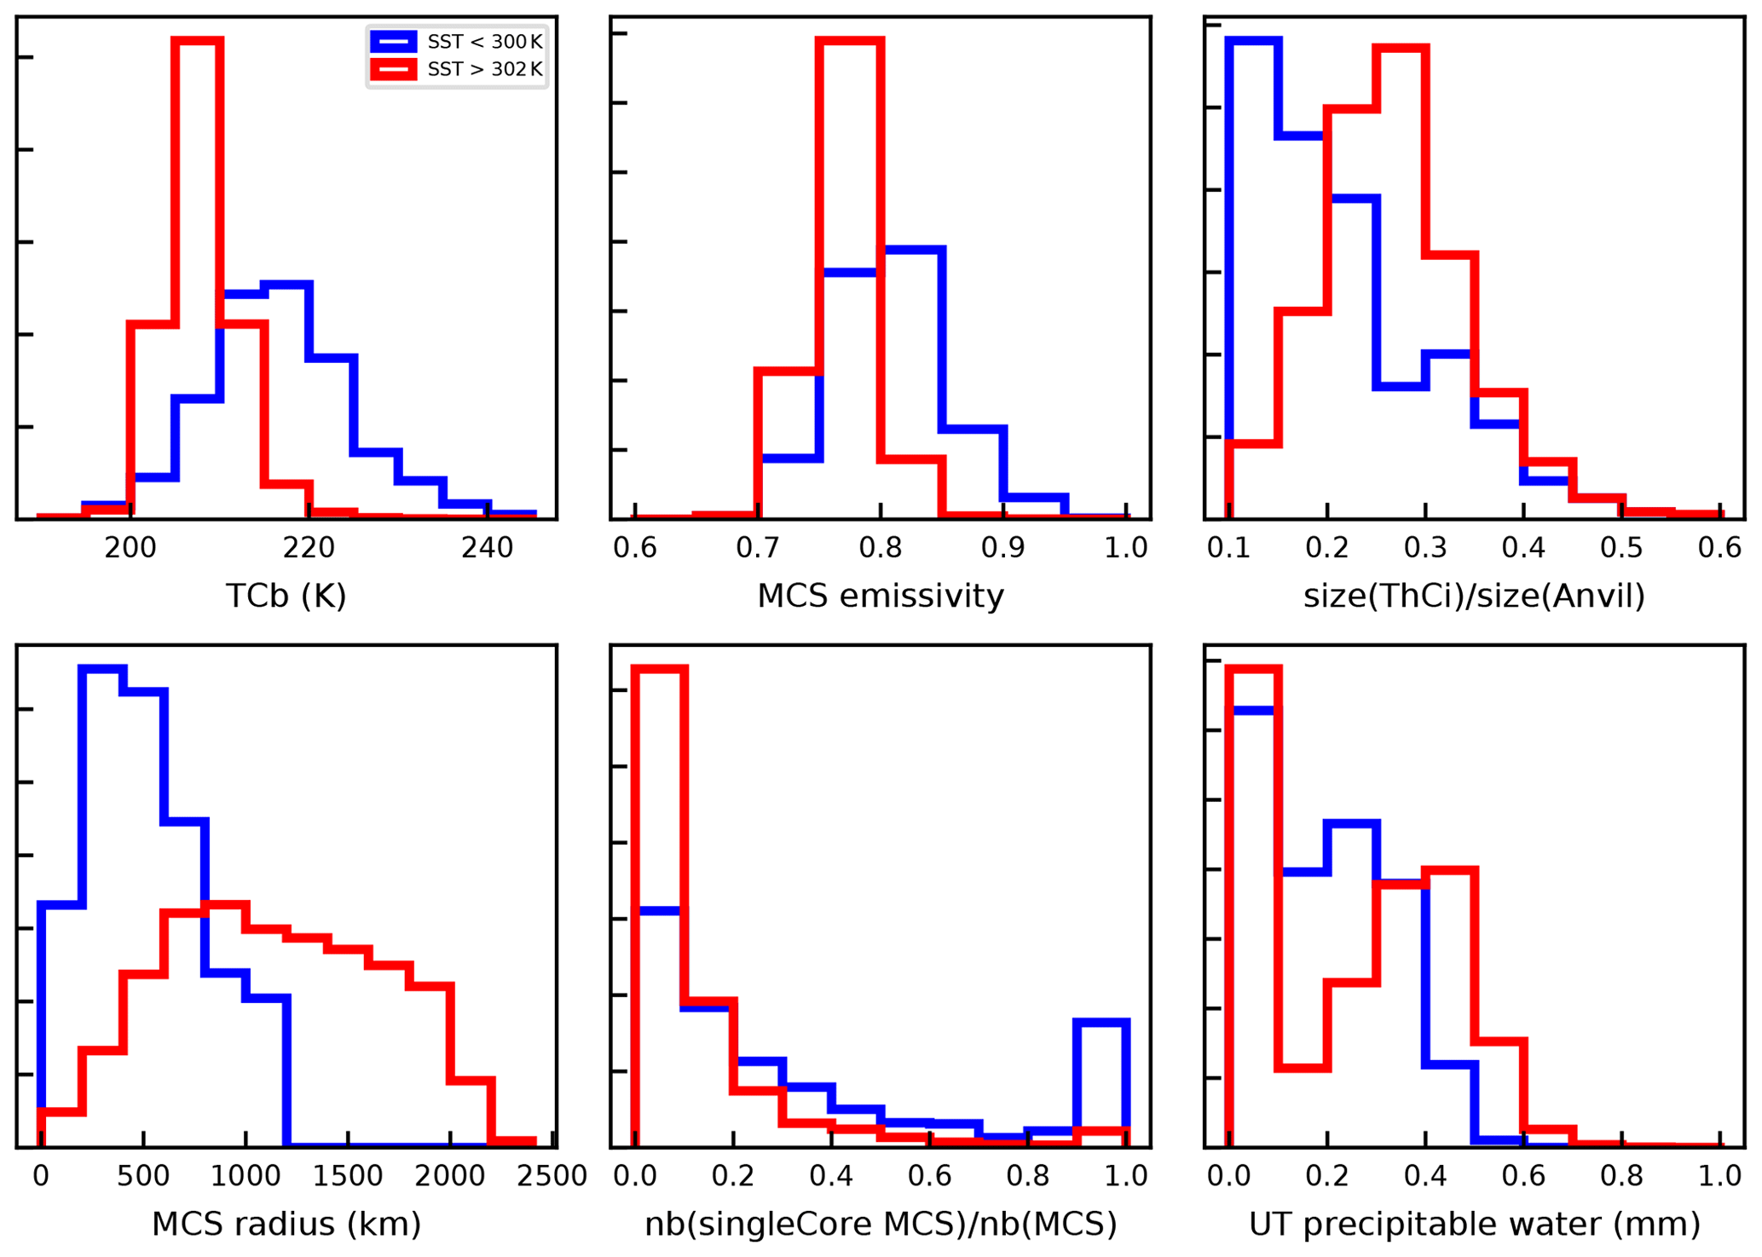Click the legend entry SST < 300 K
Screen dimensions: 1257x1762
(484, 42)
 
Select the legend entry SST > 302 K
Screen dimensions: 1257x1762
(484, 69)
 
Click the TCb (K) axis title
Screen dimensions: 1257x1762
(286, 596)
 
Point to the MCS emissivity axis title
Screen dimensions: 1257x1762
(881, 596)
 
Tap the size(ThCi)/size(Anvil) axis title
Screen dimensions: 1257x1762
(1474, 596)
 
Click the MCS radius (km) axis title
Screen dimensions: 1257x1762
(286, 1225)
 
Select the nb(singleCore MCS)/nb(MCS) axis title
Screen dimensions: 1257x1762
(881, 1225)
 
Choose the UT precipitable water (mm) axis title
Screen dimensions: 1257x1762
(1474, 1225)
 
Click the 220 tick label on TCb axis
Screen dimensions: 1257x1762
(309, 548)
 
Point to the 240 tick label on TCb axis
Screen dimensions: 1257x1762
(487, 548)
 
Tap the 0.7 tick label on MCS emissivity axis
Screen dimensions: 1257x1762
(758, 548)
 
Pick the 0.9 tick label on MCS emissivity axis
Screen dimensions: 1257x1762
(1003, 548)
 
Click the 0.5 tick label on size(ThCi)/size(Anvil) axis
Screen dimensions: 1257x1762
(1621, 548)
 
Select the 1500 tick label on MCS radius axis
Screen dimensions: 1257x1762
(348, 1176)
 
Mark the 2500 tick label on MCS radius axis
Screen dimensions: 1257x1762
(552, 1176)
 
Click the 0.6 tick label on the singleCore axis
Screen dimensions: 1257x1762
(929, 1176)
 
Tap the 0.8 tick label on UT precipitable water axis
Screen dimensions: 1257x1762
(1621, 1176)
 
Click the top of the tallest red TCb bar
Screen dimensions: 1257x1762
(197, 39)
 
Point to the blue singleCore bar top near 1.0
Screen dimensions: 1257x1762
(1101, 1021)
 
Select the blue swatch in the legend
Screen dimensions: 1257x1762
(393, 42)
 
